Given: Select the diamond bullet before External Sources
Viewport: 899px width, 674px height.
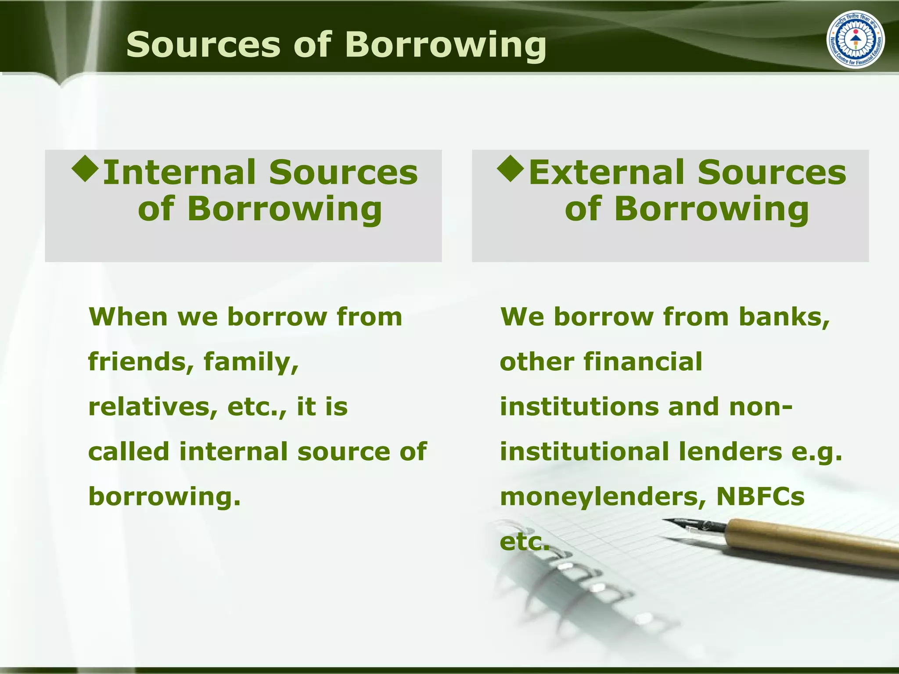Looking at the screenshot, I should pos(511,169).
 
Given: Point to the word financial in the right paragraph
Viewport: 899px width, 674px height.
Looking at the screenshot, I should pos(643,362).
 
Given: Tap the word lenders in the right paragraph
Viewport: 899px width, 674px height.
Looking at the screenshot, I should pos(730,452).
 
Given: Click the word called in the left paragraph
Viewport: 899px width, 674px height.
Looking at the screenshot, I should pos(129,452).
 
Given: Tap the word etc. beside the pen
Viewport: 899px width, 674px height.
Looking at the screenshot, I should pos(524,542).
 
